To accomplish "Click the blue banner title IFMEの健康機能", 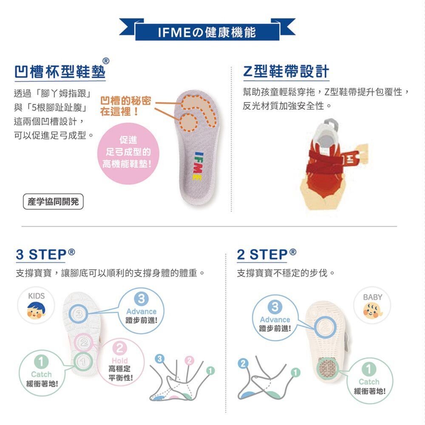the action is [x=207, y=33].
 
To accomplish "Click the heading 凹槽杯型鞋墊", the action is [x=59, y=71].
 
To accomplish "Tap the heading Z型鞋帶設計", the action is [x=286, y=71].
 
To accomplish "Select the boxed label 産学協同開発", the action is [x=53, y=201].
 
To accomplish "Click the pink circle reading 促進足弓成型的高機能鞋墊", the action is [x=128, y=153].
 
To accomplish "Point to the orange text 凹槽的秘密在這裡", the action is [x=125, y=106].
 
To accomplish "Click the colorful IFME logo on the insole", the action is [x=198, y=165].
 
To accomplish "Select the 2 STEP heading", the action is [x=266, y=255].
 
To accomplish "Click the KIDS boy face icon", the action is [x=36, y=310].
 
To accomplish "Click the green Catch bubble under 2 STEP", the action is [x=369, y=380].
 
